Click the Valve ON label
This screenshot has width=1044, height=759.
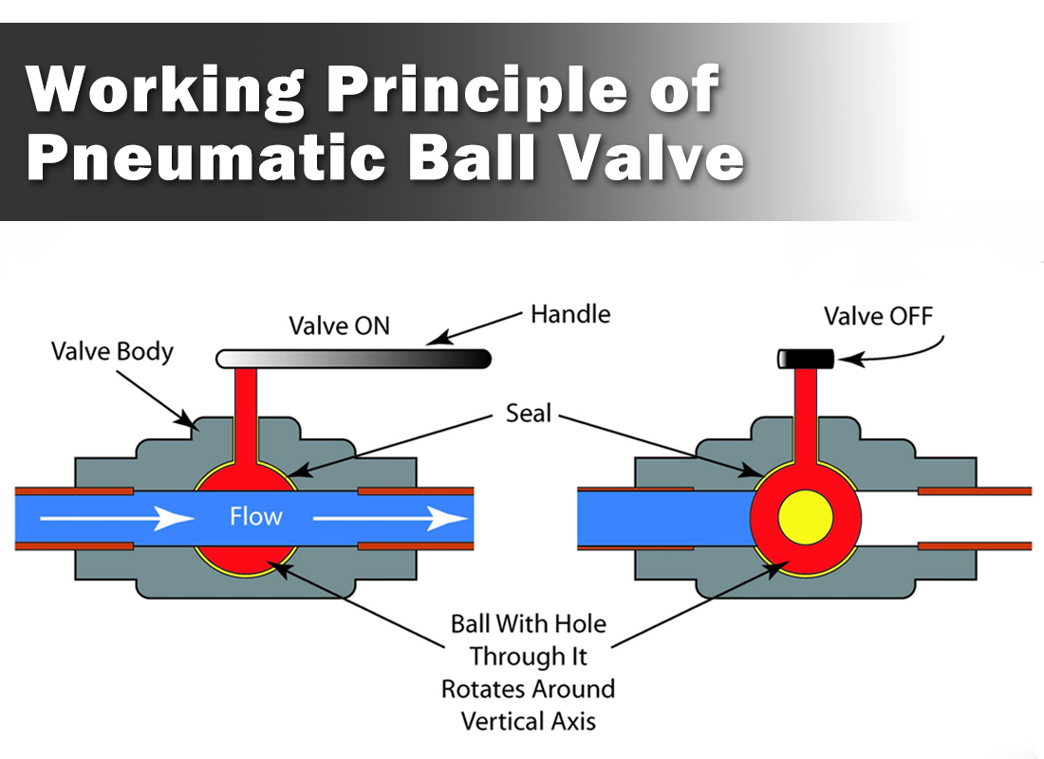pos(339,326)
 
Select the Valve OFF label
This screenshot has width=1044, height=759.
pos(878,315)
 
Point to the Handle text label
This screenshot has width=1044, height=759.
pos(570,313)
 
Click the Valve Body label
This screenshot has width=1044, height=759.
pos(112,352)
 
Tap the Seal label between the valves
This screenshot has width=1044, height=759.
pos(528,414)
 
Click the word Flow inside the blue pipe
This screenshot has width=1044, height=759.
pos(255,517)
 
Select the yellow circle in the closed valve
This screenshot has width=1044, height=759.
pos(806,518)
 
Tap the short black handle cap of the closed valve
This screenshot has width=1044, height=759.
pos(806,359)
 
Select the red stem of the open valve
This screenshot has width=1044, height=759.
pos(246,408)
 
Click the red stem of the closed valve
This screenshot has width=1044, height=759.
pos(807,408)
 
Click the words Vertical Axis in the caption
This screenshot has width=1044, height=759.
pos(529,721)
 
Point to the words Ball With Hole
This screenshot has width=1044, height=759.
pos(528,624)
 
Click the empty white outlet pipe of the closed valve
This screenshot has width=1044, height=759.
pos(949,518)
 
